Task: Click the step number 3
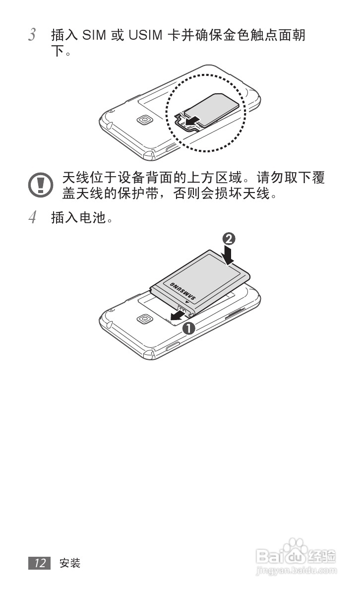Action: coord(32,35)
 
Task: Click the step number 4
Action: coord(32,217)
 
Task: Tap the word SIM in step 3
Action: coord(94,35)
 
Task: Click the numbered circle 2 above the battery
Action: coord(229,239)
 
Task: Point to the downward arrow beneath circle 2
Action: coord(229,255)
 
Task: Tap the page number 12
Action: coord(40,563)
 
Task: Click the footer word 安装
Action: coord(70,563)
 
